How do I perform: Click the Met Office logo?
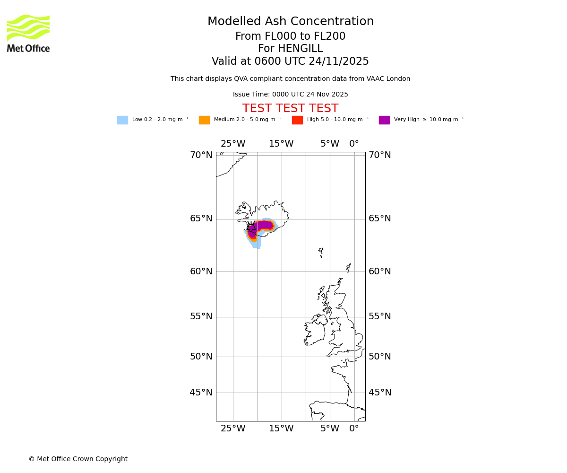(x=28, y=33)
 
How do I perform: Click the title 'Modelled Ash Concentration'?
(x=290, y=22)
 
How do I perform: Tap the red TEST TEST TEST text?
(x=290, y=109)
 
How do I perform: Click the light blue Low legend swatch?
(x=122, y=120)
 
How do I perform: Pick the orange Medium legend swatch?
(x=204, y=120)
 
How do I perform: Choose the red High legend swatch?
(x=297, y=120)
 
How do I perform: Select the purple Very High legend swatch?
(x=384, y=120)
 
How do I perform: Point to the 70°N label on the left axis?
(x=201, y=155)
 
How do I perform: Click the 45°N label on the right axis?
(x=380, y=393)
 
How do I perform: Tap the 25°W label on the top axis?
(x=233, y=144)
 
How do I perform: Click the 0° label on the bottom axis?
(x=354, y=429)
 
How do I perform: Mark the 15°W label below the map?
(x=281, y=429)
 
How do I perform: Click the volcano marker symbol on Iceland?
(x=251, y=227)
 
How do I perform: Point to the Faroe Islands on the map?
(x=321, y=251)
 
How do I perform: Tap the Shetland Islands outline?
(x=349, y=267)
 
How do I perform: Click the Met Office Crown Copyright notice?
(x=78, y=459)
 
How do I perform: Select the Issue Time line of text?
(x=290, y=95)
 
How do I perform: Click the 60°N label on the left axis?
(x=201, y=272)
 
